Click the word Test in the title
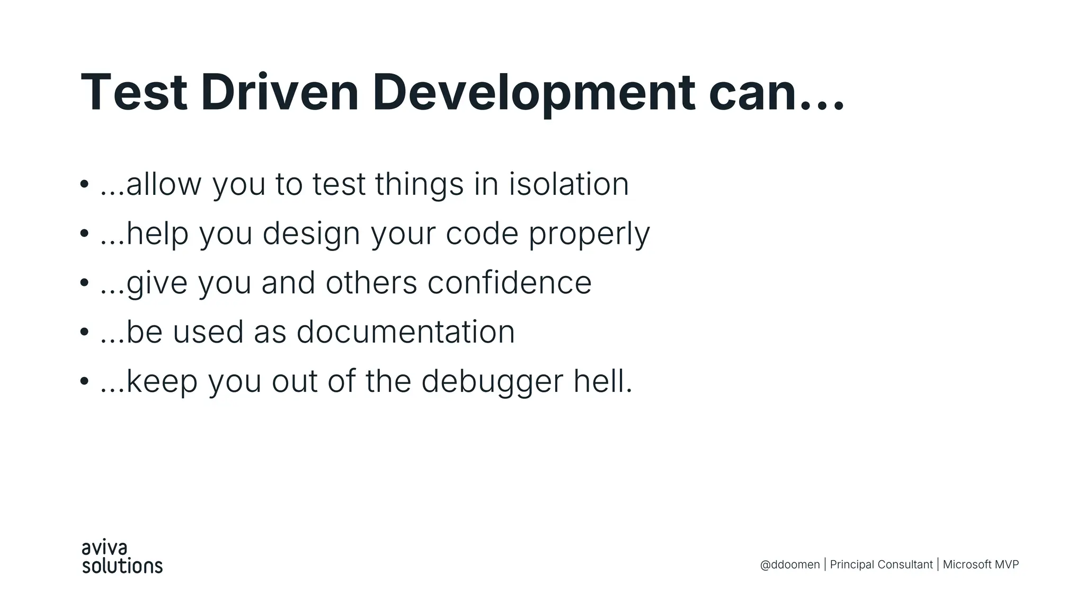pyautogui.click(x=134, y=93)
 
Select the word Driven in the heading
pyautogui.click(x=280, y=93)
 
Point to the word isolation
pyautogui.click(x=568, y=184)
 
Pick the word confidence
pyautogui.click(x=509, y=283)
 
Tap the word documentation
pyautogui.click(x=405, y=332)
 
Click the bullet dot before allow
pyautogui.click(x=84, y=185)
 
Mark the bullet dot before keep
pyautogui.click(x=84, y=381)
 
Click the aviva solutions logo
pyautogui.click(x=122, y=557)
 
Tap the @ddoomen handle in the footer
pyautogui.click(x=789, y=564)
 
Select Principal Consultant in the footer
pyautogui.click(x=881, y=564)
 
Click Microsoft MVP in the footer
pyautogui.click(x=981, y=564)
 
